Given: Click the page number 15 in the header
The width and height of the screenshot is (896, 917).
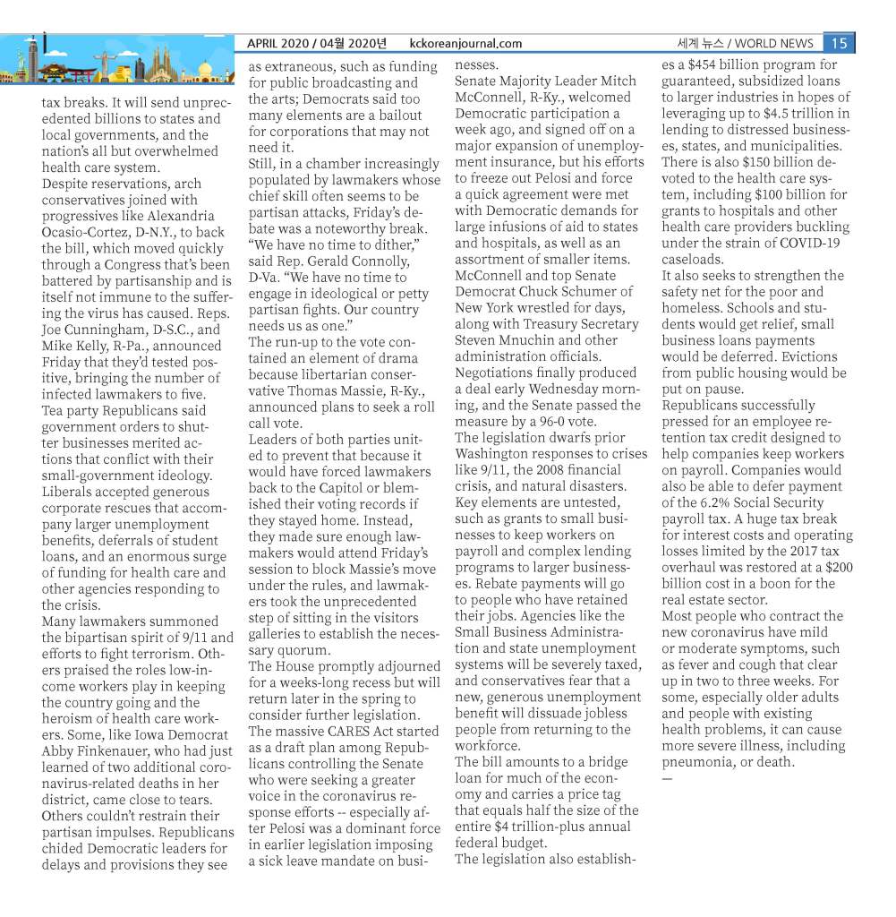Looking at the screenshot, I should (839, 43).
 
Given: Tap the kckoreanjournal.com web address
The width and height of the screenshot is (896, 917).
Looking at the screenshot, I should (465, 43).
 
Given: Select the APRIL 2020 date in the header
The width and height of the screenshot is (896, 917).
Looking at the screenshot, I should (281, 43).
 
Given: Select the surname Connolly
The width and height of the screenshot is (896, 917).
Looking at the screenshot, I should (371, 261).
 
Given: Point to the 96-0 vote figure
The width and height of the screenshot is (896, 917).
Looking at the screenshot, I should (557, 422).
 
